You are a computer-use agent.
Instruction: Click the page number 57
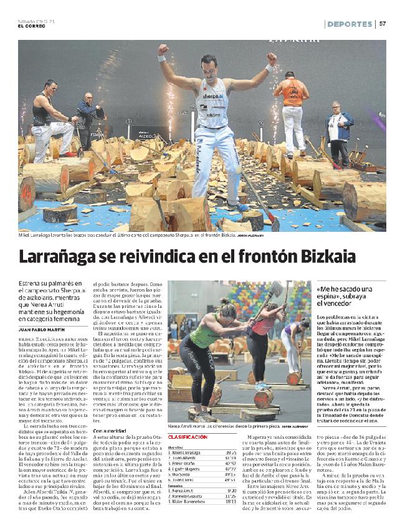pyautogui.click(x=383, y=24)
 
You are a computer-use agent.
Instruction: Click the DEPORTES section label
pyautogui.click(x=350, y=24)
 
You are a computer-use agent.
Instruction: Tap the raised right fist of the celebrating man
pyautogui.click(x=163, y=49)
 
